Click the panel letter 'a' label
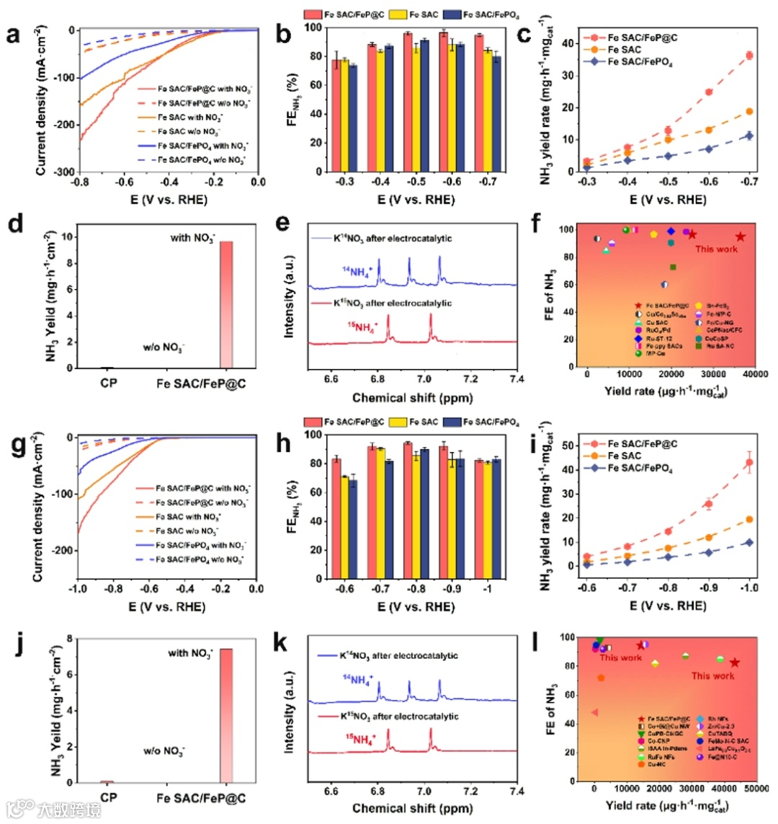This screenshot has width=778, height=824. (x=14, y=35)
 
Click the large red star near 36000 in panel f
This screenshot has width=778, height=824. (x=740, y=236)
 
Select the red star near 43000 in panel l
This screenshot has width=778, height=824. (x=735, y=663)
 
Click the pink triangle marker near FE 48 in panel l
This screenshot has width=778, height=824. (x=594, y=712)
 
